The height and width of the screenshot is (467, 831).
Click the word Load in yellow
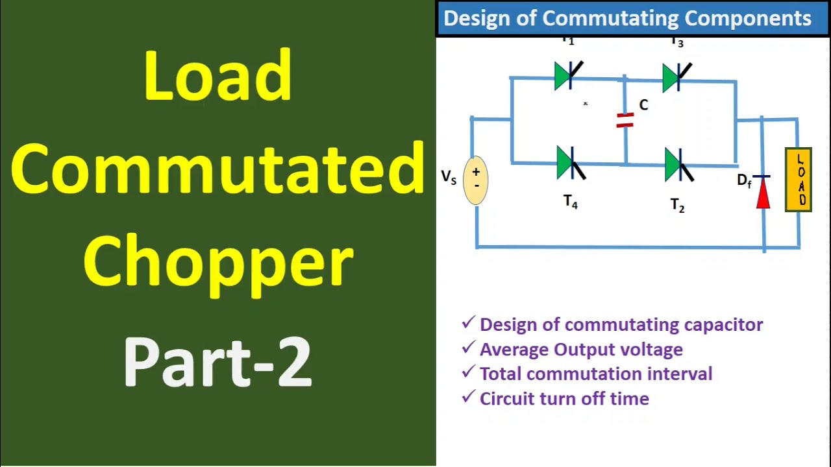218,76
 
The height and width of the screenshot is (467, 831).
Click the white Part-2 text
218,361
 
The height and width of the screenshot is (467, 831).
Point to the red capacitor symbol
625,120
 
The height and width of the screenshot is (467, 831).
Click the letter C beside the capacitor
643,105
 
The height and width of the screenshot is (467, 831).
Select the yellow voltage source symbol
476,180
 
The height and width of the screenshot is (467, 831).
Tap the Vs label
449,177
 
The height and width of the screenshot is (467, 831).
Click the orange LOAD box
798,180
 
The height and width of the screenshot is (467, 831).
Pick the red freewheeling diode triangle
763,194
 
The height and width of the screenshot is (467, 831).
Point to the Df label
744,181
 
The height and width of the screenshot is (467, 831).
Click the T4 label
570,202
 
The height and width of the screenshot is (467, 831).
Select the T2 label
677,206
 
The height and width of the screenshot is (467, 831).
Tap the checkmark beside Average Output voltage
467,348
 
